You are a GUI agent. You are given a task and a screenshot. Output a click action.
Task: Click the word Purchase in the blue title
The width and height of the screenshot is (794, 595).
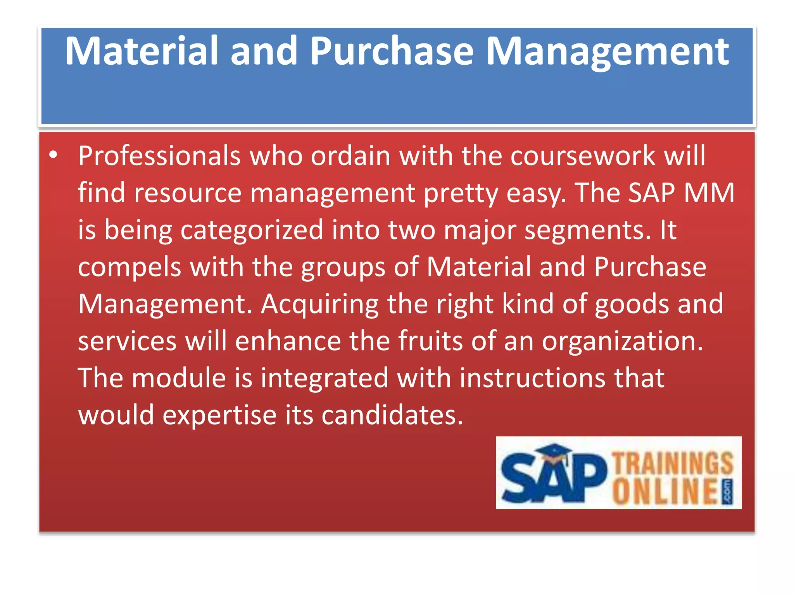[392, 51]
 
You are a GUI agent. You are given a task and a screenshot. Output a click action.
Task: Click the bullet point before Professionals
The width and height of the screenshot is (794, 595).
[54, 156]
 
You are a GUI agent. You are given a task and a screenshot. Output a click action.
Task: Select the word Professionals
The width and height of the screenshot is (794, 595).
[159, 156]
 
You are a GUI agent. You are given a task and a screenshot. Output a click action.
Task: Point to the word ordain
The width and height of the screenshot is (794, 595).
[350, 156]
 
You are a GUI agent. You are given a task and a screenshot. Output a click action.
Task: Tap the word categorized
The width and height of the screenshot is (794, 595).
[252, 230]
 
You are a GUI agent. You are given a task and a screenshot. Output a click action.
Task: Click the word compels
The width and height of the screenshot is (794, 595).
[129, 267]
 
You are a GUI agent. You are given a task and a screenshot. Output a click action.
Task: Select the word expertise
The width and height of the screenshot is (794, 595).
[219, 415]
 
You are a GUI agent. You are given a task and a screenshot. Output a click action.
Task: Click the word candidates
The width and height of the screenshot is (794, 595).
[392, 415]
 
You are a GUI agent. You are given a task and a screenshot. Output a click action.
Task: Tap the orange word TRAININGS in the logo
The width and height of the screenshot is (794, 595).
[673, 463]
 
